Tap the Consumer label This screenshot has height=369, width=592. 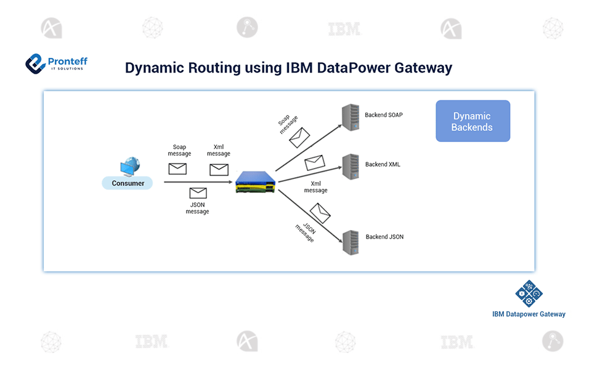click(128, 183)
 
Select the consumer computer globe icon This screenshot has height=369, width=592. click(130, 167)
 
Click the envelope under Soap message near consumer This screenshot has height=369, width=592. click(177, 169)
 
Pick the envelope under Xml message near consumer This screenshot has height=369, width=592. click(219, 169)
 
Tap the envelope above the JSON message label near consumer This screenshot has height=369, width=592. click(198, 193)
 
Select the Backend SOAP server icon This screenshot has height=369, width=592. click(351, 117)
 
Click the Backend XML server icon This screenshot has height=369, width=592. click(351, 166)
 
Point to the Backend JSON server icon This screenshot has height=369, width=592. click(351, 242)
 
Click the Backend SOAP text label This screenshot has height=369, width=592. click(384, 115)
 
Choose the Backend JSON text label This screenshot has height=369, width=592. click(384, 237)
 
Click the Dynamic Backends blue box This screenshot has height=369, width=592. click(472, 121)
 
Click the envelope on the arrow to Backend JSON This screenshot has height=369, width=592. click(320, 213)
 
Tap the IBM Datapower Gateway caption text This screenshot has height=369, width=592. click(529, 314)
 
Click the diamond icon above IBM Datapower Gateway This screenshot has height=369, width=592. click(528, 294)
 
